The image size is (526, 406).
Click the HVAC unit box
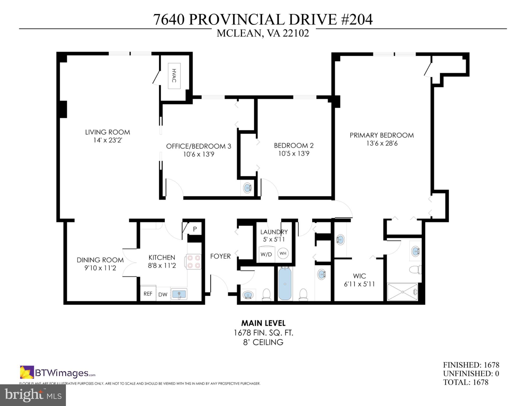point(174,76)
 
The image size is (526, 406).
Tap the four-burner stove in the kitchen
point(194,262)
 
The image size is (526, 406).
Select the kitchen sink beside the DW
point(179,294)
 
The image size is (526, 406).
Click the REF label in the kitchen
point(148,294)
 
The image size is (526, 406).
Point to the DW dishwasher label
point(163,294)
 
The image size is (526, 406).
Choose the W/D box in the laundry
point(266,254)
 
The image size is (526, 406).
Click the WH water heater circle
point(283,253)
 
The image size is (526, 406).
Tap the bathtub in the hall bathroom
point(285,284)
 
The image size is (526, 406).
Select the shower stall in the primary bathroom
point(402,292)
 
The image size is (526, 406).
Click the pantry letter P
point(195,229)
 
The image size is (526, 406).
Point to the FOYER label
point(220,256)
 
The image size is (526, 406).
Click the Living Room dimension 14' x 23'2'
point(107,140)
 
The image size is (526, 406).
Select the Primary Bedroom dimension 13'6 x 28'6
point(382,143)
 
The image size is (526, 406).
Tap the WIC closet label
point(359,276)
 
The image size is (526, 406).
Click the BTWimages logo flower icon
point(27,372)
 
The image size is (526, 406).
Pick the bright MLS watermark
point(33,395)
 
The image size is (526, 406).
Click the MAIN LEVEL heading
point(263,323)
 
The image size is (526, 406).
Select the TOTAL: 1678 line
point(465,382)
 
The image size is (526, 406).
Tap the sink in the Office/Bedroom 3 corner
point(247,188)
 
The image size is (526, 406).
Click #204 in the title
point(357,20)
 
